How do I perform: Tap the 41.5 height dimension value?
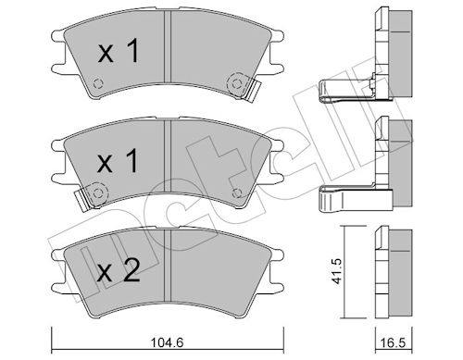pyautogui.click(x=338, y=271)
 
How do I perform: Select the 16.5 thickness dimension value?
pyautogui.click(x=394, y=343)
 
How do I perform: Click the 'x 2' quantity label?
pyautogui.click(x=119, y=270)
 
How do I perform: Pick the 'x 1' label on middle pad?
pyautogui.click(x=118, y=161)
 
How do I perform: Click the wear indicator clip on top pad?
pyautogui.click(x=255, y=90)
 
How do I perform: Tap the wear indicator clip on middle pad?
pyautogui.click(x=81, y=200)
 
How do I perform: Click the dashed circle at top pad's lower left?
pyautogui.click(x=98, y=83)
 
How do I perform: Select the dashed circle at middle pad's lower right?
pyautogui.click(x=237, y=192)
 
